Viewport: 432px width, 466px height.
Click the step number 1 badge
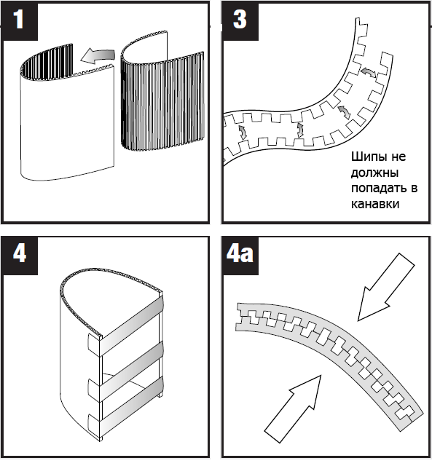coord(20,21)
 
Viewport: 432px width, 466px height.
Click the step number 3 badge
coord(240,21)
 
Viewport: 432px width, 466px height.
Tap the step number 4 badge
coord(20,255)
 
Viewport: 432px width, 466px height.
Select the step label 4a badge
coord(240,255)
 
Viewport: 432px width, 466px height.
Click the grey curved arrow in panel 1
coord(97,57)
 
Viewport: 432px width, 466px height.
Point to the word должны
coord(374,173)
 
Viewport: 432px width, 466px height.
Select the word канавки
coord(375,204)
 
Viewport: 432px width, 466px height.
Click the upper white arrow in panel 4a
coord(387,286)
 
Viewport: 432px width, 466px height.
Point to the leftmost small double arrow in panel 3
coord(243,133)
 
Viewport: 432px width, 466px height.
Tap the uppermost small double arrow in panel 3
coord(368,72)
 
